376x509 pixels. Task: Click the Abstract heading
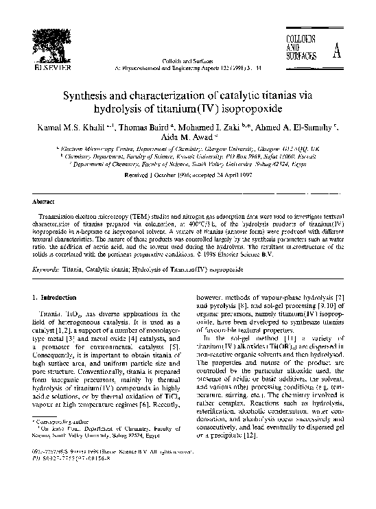[x=43, y=203]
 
